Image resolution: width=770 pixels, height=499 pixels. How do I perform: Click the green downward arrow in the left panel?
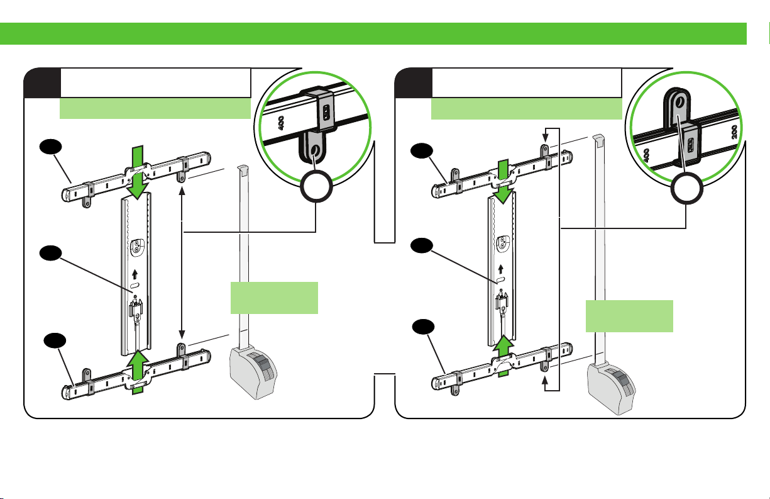(137, 172)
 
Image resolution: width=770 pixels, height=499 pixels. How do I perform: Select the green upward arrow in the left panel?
(138, 372)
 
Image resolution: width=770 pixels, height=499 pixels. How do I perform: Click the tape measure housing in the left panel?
(253, 373)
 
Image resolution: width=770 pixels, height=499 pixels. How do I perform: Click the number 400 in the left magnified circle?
(281, 123)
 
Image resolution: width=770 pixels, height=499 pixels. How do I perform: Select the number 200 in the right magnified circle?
(734, 132)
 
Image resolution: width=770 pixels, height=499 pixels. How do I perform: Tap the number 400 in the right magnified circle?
(646, 155)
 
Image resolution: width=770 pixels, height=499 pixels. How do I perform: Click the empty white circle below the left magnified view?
(316, 186)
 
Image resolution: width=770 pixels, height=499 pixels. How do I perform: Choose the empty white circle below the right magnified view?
(686, 189)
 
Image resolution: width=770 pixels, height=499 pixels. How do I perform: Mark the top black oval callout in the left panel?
(50, 146)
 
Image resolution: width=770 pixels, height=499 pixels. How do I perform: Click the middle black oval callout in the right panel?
(422, 245)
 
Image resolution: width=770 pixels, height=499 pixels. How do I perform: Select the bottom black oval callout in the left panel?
(55, 340)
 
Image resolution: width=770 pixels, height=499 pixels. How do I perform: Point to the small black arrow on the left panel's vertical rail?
(135, 274)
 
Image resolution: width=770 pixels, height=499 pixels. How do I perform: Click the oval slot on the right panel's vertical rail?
(501, 279)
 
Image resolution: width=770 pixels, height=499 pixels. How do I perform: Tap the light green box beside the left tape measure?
(274, 298)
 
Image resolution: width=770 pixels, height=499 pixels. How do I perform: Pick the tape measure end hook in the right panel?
(598, 140)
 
